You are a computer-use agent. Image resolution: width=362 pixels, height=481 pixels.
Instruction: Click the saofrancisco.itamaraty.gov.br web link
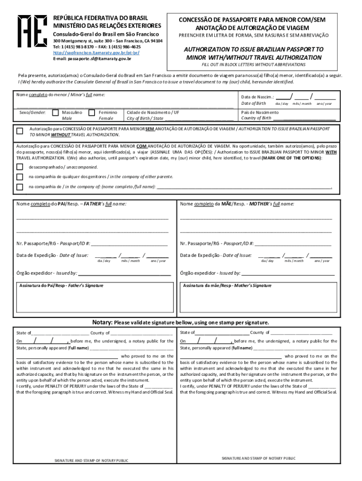[96, 53]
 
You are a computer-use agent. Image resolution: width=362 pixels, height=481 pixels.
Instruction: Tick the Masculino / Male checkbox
[55, 113]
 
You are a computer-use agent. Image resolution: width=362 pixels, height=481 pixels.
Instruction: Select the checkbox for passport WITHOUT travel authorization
[20, 131]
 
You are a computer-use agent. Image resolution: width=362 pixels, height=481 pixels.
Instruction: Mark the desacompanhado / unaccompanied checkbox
[20, 167]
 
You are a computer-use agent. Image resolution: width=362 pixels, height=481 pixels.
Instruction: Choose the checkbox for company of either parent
[20, 177]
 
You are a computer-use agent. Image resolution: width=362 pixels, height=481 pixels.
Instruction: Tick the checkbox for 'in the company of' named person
[20, 187]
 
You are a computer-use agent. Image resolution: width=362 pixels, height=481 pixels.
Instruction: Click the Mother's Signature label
[227, 286]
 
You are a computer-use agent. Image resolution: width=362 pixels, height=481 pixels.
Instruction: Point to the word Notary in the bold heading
[102, 323]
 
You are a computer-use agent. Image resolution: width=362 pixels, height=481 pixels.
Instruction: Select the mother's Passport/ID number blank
[293, 244]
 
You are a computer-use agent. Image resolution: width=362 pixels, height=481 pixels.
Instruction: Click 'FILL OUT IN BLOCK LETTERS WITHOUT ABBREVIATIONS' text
[253, 64]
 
